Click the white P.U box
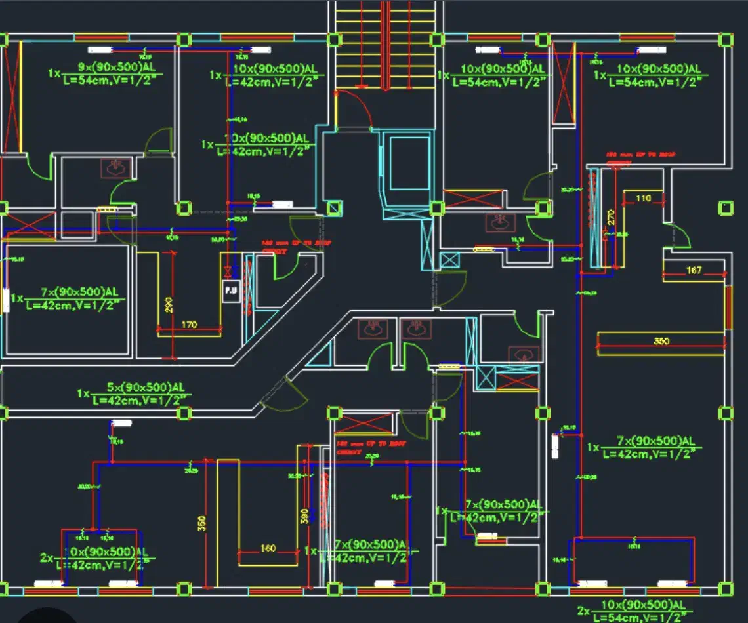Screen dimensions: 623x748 (230, 290)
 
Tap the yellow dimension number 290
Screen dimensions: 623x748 (169, 305)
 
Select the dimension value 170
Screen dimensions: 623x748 (189, 324)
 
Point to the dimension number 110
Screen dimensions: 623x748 (642, 198)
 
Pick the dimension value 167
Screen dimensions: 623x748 (694, 270)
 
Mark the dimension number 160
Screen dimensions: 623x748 (268, 548)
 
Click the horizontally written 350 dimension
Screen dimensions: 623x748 (661, 341)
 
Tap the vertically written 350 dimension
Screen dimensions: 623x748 (202, 523)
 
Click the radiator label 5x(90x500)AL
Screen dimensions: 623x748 (140, 388)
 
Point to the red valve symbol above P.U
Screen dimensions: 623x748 (228, 270)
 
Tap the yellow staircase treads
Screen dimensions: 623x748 (385, 46)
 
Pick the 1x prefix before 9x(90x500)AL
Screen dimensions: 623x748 (54, 73)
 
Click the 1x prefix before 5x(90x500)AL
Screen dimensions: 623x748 (83, 393)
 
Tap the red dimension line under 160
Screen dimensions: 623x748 (268, 554)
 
